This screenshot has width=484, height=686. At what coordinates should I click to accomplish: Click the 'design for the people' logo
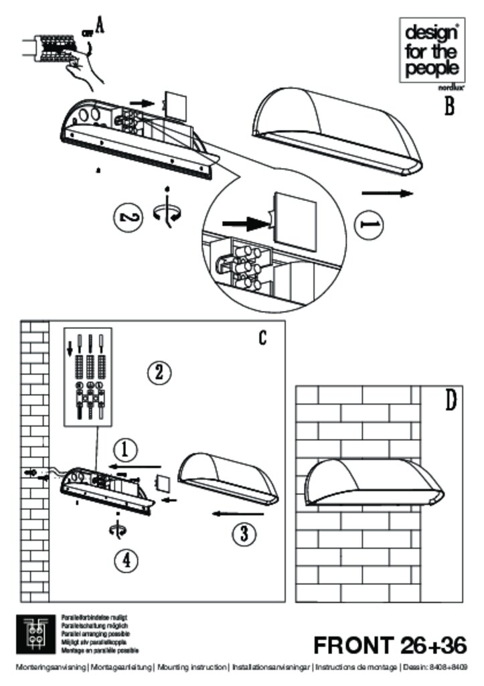click(x=432, y=50)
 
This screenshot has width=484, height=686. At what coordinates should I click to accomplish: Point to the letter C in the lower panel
click(x=263, y=338)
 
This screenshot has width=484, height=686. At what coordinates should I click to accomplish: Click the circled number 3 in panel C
click(x=244, y=534)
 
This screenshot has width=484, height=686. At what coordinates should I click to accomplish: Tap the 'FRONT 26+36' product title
click(x=390, y=645)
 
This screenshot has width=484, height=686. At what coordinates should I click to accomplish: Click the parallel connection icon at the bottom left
click(x=33, y=632)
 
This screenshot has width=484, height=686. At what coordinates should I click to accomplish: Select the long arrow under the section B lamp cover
click(x=384, y=193)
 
